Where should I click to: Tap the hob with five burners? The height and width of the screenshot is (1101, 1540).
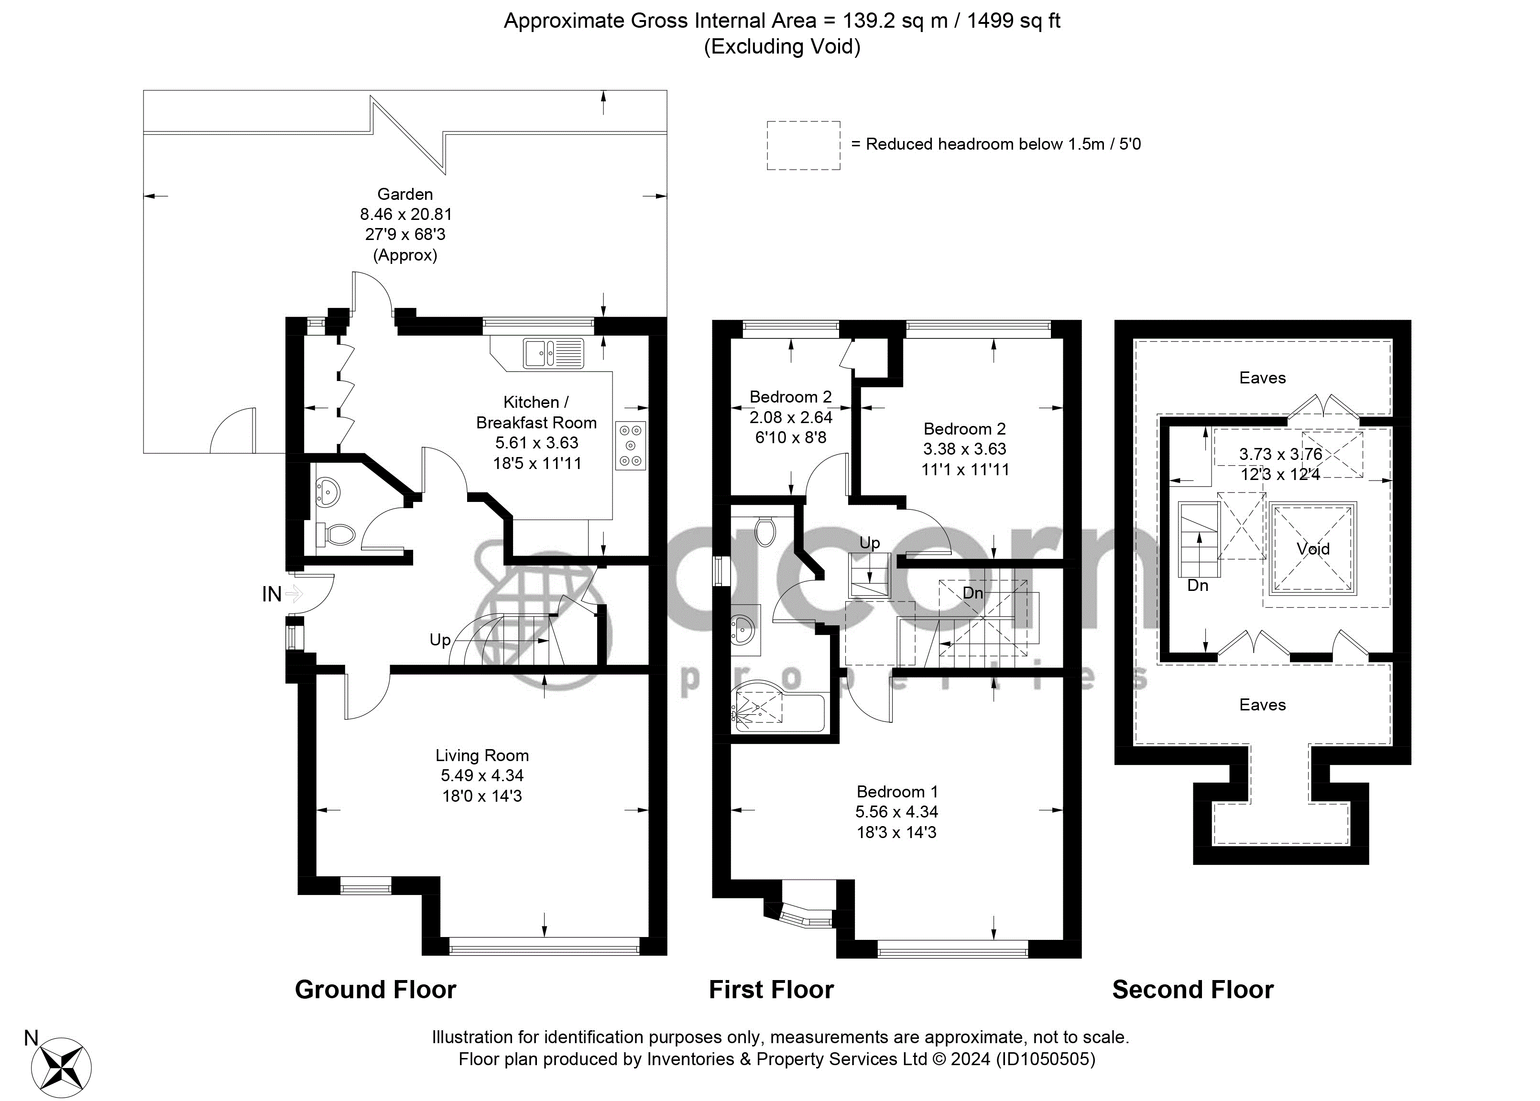630,446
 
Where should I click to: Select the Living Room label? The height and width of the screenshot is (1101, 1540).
482,755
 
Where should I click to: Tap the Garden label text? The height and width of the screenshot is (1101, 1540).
405,194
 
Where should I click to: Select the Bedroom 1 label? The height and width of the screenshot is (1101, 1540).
897,791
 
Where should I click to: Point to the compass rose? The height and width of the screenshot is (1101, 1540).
65,1068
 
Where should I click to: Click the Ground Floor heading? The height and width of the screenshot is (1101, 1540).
375,990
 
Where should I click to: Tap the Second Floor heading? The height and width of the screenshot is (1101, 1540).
1192,990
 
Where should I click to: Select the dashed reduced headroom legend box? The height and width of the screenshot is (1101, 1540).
803,145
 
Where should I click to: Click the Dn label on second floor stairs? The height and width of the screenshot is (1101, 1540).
1198,585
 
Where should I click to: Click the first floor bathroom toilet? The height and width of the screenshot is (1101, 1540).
766,532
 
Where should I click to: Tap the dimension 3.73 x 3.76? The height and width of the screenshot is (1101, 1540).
1280,454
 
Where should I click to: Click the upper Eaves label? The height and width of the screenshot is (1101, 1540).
1262,378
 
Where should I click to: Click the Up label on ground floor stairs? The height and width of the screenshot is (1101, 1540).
440,639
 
